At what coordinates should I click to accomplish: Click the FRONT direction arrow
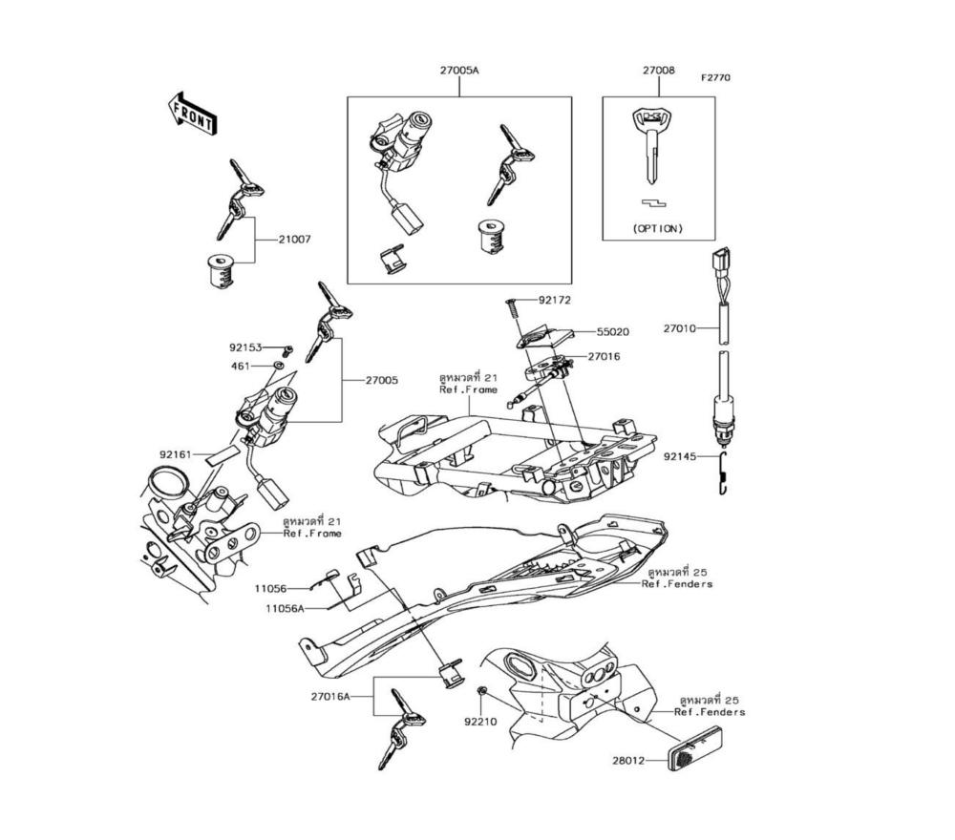pos(193,114)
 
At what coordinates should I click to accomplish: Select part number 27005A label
pos(459,71)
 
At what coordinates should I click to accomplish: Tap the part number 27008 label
pos(658,71)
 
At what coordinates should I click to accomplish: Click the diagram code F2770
pos(715,78)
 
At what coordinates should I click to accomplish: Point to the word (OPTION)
pos(658,229)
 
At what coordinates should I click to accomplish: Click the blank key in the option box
pos(651,147)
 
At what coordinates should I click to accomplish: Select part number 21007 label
pos(295,240)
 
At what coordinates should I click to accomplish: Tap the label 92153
pos(245,348)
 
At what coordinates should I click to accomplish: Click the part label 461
pos(241,367)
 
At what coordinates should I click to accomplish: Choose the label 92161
pos(176,454)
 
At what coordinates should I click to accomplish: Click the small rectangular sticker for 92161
pos(222,456)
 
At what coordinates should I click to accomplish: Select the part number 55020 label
pos(613,332)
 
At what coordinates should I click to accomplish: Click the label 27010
pos(679,329)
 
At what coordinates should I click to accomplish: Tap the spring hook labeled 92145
pos(724,473)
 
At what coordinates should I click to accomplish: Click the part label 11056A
pos(285,608)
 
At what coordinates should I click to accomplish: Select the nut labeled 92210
pos(481,690)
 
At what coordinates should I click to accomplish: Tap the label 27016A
pos(330,697)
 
